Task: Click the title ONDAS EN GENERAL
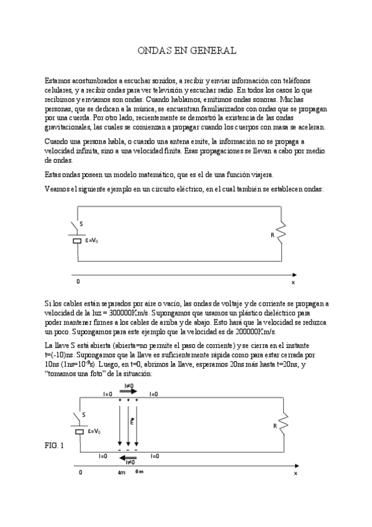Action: pos(186,50)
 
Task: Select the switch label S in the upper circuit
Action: pos(81,226)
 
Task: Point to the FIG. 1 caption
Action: pos(54,446)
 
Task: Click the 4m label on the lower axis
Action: pos(122,473)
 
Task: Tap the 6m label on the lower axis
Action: pos(139,472)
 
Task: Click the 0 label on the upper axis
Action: pos(78,282)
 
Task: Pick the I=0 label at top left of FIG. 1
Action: pos(107,394)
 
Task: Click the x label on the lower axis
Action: pos(296,473)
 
